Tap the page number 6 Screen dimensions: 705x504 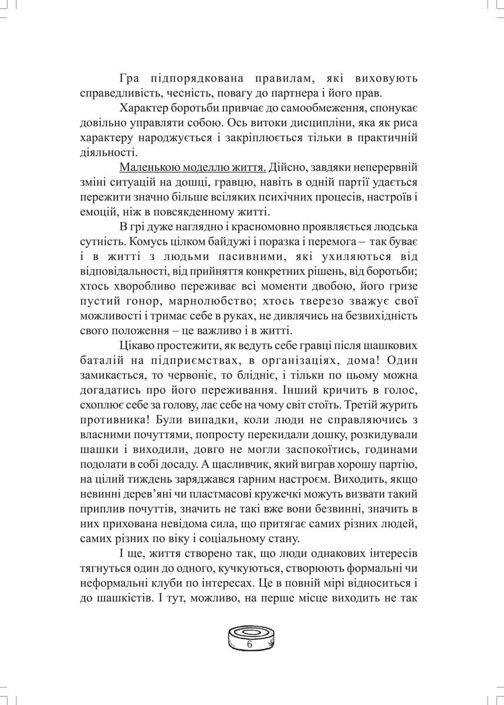250,645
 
